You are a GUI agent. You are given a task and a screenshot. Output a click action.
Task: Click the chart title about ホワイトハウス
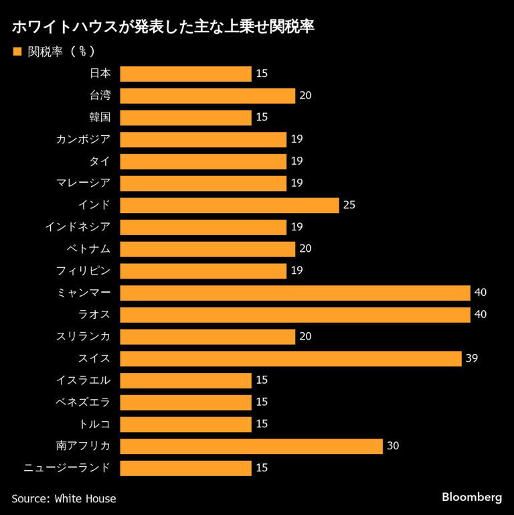(163, 29)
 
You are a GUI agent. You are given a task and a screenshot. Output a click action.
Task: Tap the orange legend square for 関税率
(17, 51)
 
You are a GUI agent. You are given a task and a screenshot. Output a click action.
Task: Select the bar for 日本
(185, 74)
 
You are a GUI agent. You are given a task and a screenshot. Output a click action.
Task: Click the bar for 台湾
(207, 96)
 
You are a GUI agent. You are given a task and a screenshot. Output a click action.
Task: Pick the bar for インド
(230, 205)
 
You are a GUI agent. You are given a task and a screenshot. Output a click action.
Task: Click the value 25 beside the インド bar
(349, 205)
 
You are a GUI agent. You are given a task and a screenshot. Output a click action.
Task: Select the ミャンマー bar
(295, 293)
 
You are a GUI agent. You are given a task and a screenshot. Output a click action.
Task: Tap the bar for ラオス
(295, 314)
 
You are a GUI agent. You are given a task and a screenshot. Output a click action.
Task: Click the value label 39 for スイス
(472, 358)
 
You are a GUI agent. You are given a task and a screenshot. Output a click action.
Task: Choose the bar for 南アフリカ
(251, 446)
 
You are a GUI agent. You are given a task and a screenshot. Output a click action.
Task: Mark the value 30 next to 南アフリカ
(393, 446)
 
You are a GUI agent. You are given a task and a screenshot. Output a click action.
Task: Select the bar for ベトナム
(207, 248)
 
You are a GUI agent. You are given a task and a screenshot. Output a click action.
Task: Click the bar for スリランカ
(207, 336)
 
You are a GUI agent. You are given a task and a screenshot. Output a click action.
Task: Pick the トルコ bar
(185, 424)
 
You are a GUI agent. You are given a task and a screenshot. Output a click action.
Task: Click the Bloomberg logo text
(472, 498)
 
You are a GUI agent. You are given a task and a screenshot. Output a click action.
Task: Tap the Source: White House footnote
(64, 498)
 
